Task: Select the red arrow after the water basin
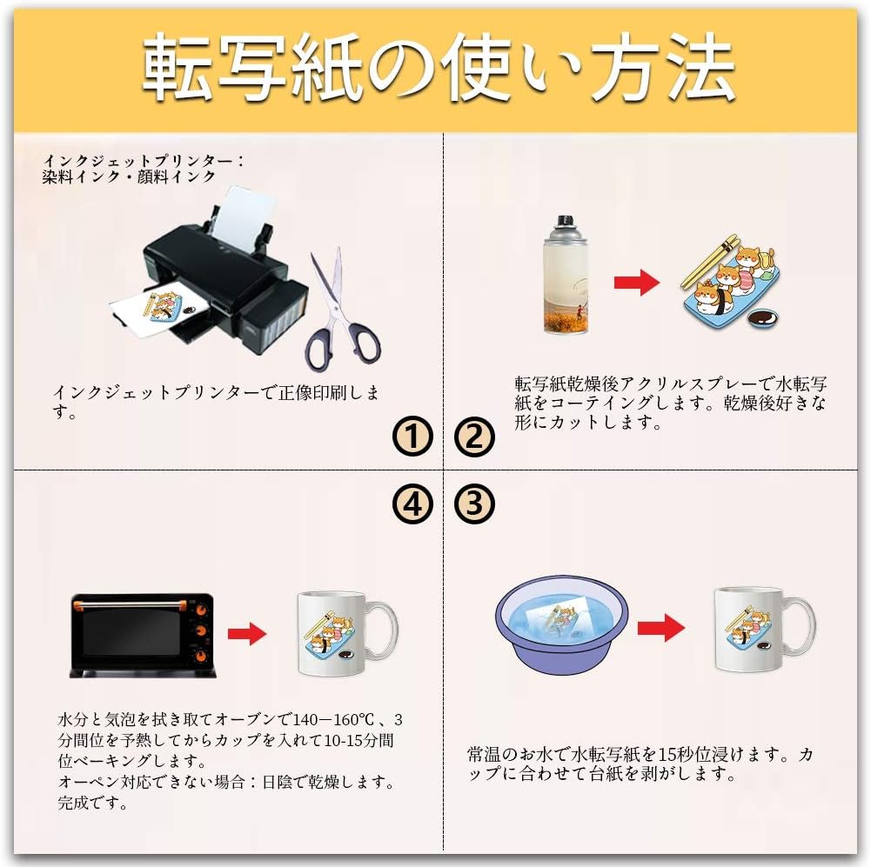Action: coord(660,627)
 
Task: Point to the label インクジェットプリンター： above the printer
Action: coord(144,161)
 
